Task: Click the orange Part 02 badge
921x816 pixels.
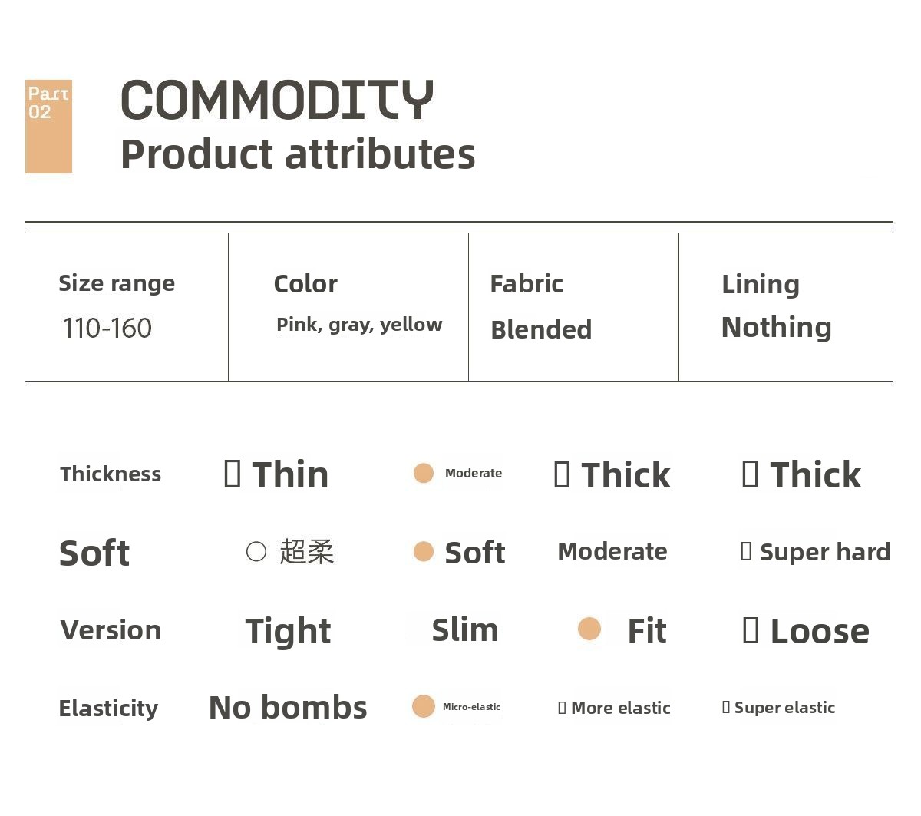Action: tap(48, 127)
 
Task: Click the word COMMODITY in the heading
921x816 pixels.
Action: tap(277, 100)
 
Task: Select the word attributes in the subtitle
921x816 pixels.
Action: tap(380, 154)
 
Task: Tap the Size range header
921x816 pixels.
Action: tap(117, 283)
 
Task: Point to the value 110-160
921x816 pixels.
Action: tap(107, 328)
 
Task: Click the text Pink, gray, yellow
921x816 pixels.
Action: tap(359, 325)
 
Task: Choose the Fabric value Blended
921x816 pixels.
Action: tap(541, 329)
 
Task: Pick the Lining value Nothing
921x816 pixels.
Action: tap(777, 327)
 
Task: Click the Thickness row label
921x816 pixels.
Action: tap(111, 474)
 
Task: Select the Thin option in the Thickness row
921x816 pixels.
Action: tap(290, 474)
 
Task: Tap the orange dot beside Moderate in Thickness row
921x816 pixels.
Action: tap(423, 473)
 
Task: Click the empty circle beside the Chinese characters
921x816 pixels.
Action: tap(256, 551)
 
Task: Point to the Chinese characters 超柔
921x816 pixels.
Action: tap(307, 551)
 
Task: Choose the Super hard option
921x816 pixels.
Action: tap(825, 552)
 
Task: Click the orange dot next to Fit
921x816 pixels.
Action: tap(589, 629)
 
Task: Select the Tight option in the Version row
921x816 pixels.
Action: tap(288, 631)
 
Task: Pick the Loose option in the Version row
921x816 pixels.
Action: tap(820, 631)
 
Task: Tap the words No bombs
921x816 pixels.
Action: tap(288, 707)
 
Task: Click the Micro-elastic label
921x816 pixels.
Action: tap(471, 707)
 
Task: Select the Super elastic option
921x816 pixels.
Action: tap(784, 707)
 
